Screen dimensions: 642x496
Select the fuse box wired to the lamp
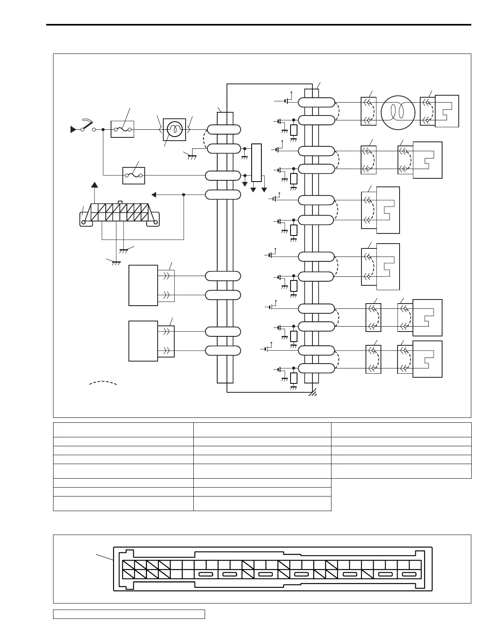coord(122,129)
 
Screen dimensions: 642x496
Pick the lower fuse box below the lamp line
coord(134,175)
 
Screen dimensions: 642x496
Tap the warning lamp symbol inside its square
coord(174,129)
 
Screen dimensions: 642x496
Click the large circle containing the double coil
coord(398,112)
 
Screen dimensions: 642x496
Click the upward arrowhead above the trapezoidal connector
coord(94,185)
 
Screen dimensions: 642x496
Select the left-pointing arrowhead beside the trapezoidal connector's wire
coord(154,195)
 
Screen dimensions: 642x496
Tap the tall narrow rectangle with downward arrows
coord(257,163)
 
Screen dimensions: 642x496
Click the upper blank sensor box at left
coord(143,285)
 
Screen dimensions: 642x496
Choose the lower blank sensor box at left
coord(143,341)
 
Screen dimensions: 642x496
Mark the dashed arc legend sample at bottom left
coord(103,383)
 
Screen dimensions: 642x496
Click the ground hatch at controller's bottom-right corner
coord(312,393)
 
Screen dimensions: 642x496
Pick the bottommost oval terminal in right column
coord(316,368)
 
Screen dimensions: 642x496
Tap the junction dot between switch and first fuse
coord(103,130)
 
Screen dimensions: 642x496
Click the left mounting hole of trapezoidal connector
coord(84,222)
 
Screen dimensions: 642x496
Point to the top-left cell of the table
coord(123,430)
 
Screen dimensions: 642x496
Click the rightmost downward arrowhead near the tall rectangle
coord(264,190)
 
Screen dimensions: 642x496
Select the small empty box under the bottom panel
coord(129,614)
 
